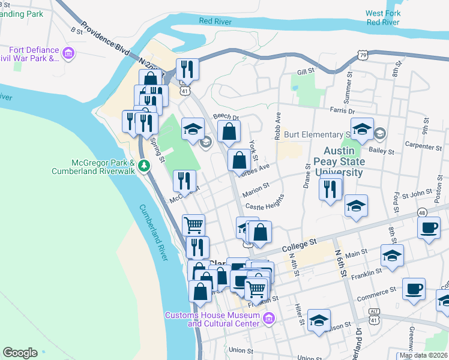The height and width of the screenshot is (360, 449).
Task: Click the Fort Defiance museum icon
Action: pyautogui.click(x=68, y=55)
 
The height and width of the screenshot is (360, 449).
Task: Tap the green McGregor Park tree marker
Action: pyautogui.click(x=143, y=165)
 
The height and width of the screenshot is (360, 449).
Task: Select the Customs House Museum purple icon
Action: pyautogui.click(x=268, y=317)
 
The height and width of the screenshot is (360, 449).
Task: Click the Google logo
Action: pyautogui.click(x=20, y=353)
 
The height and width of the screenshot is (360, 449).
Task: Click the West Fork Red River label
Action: pyautogui.click(x=383, y=17)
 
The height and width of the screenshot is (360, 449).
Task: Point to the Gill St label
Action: pyautogui.click(x=306, y=72)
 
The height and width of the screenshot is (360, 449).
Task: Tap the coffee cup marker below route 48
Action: pyautogui.click(x=429, y=228)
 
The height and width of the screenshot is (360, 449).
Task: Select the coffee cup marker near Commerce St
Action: pyautogui.click(x=414, y=288)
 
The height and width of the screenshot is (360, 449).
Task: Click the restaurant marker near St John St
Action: pyautogui.click(x=330, y=190)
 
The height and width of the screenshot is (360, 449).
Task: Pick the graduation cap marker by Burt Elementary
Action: pyautogui.click(x=362, y=128)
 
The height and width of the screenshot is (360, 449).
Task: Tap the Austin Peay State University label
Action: pyautogui.click(x=343, y=162)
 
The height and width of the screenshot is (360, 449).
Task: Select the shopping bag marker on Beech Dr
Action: pyautogui.click(x=229, y=131)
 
